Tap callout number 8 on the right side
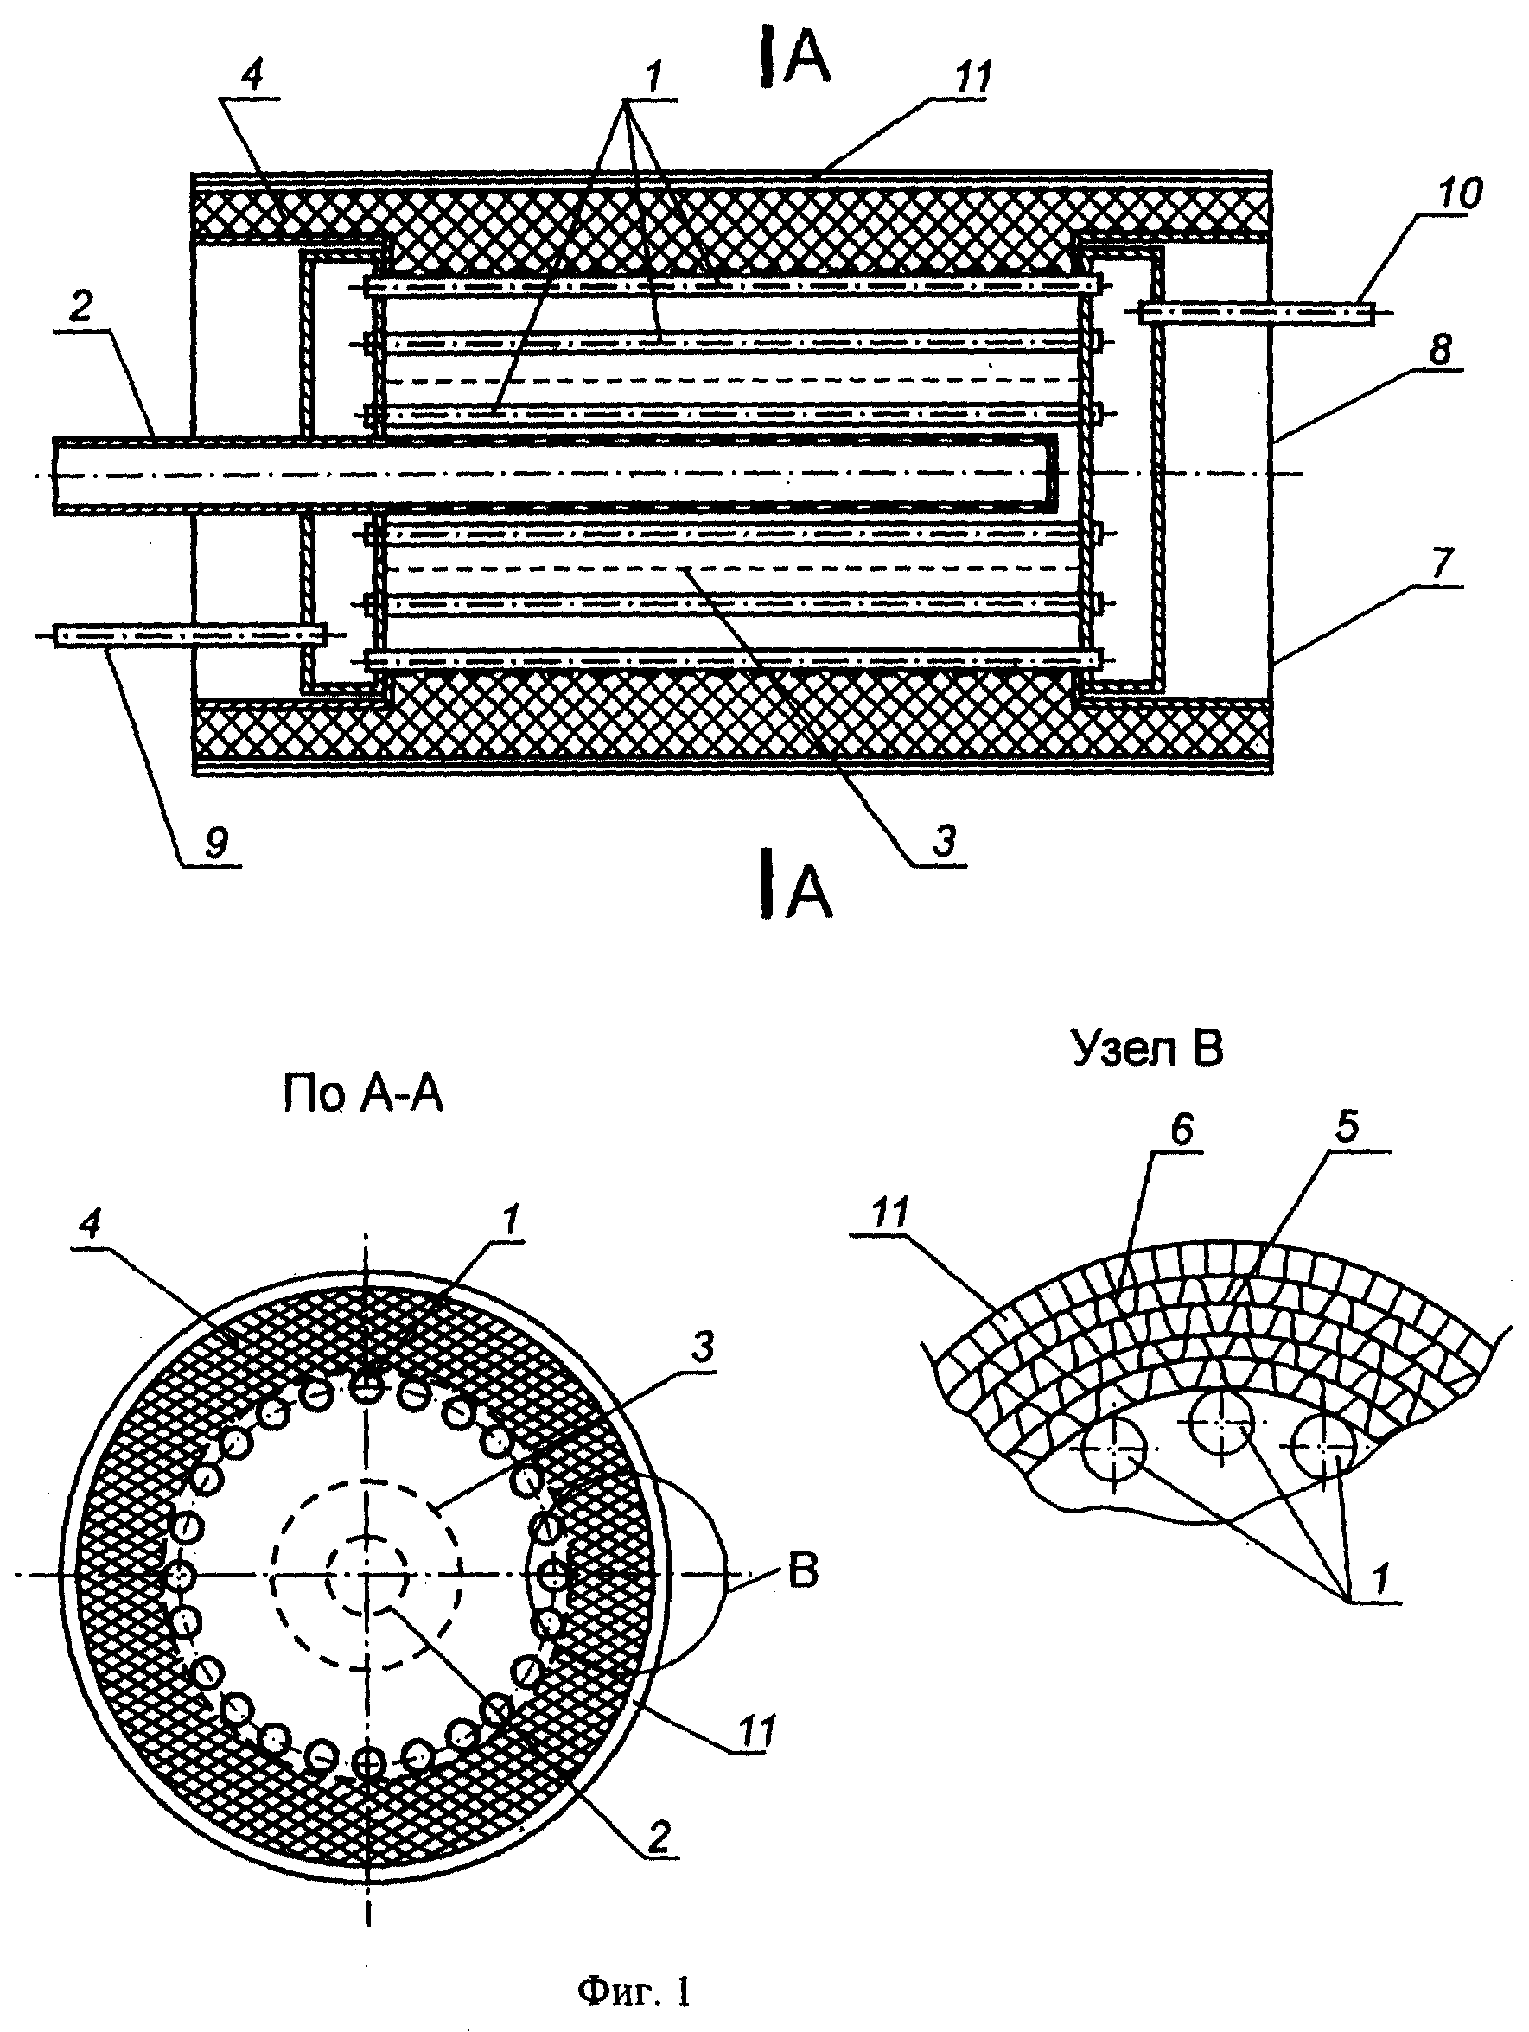point(1440,349)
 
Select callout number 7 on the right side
point(1441,561)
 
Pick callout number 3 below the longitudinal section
point(945,839)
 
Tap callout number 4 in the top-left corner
point(250,74)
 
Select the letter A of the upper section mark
point(806,61)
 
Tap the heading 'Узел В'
point(1147,1049)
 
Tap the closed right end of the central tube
point(1054,472)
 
